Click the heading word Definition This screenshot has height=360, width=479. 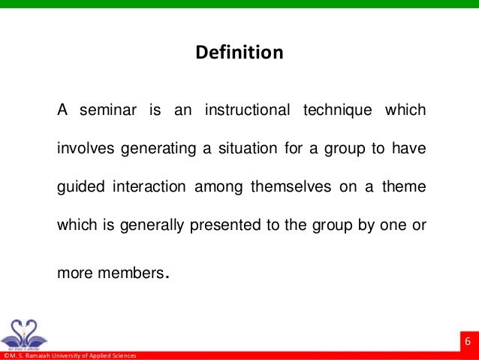click(239, 53)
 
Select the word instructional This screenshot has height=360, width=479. click(247, 111)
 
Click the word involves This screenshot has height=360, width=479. click(82, 149)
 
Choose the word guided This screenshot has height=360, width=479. click(77, 186)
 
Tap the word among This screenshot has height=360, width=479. click(217, 186)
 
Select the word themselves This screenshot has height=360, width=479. click(291, 186)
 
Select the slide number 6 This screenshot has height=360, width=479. click(468, 343)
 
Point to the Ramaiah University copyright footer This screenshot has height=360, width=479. click(68, 355)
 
